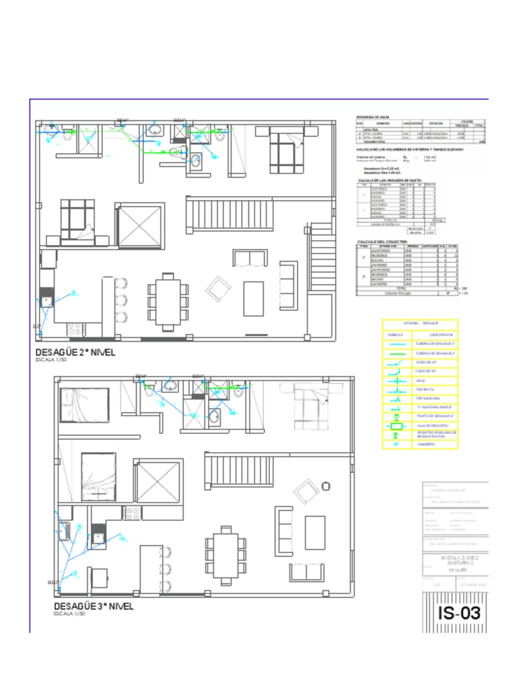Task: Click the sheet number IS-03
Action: (x=460, y=614)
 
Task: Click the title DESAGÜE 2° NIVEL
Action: (x=75, y=352)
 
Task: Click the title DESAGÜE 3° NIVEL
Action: (x=94, y=606)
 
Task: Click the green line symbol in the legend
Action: (x=398, y=353)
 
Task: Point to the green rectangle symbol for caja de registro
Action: (x=398, y=426)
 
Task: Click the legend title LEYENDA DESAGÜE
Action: (x=420, y=324)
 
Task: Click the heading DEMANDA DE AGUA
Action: (x=372, y=117)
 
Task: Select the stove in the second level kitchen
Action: (x=74, y=330)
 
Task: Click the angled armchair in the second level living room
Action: (x=219, y=289)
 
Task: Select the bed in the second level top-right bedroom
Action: (x=285, y=151)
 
